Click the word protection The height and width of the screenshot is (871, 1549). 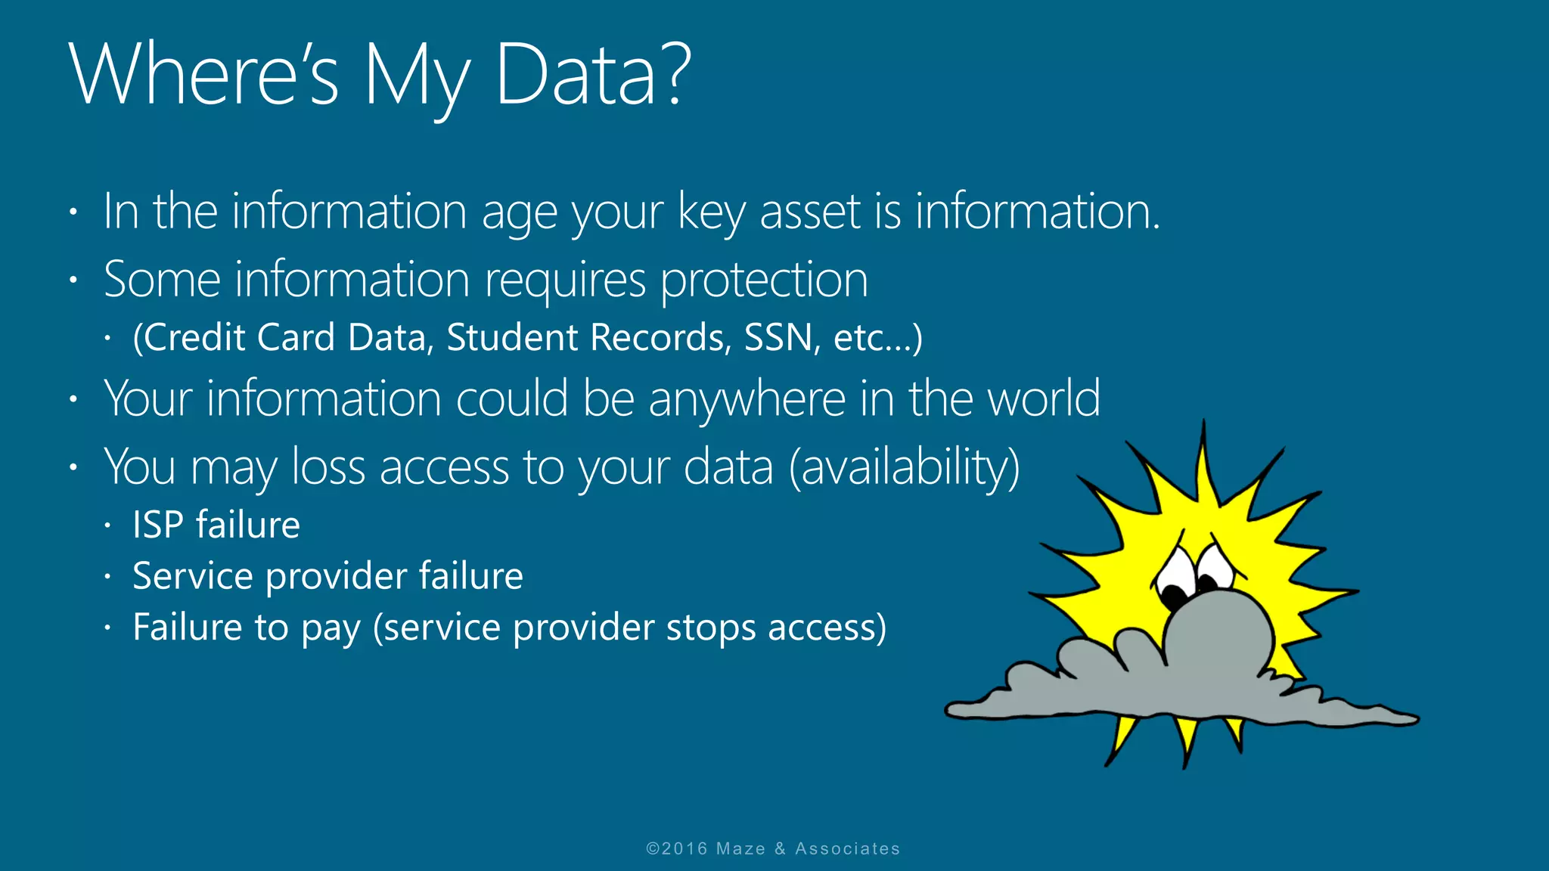pos(764,281)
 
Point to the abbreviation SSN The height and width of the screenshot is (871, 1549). pos(778,337)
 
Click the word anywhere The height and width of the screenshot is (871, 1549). pos(747,398)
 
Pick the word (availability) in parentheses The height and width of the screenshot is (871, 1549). pos(905,466)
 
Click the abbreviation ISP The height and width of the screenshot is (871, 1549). pos(157,525)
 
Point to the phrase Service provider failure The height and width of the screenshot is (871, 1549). pos(327,576)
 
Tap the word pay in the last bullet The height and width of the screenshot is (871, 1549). pos(330,628)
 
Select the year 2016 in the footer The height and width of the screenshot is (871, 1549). pos(684,848)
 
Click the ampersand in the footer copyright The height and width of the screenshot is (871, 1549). pos(780,848)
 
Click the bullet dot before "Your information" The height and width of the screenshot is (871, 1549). pos(73,398)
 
